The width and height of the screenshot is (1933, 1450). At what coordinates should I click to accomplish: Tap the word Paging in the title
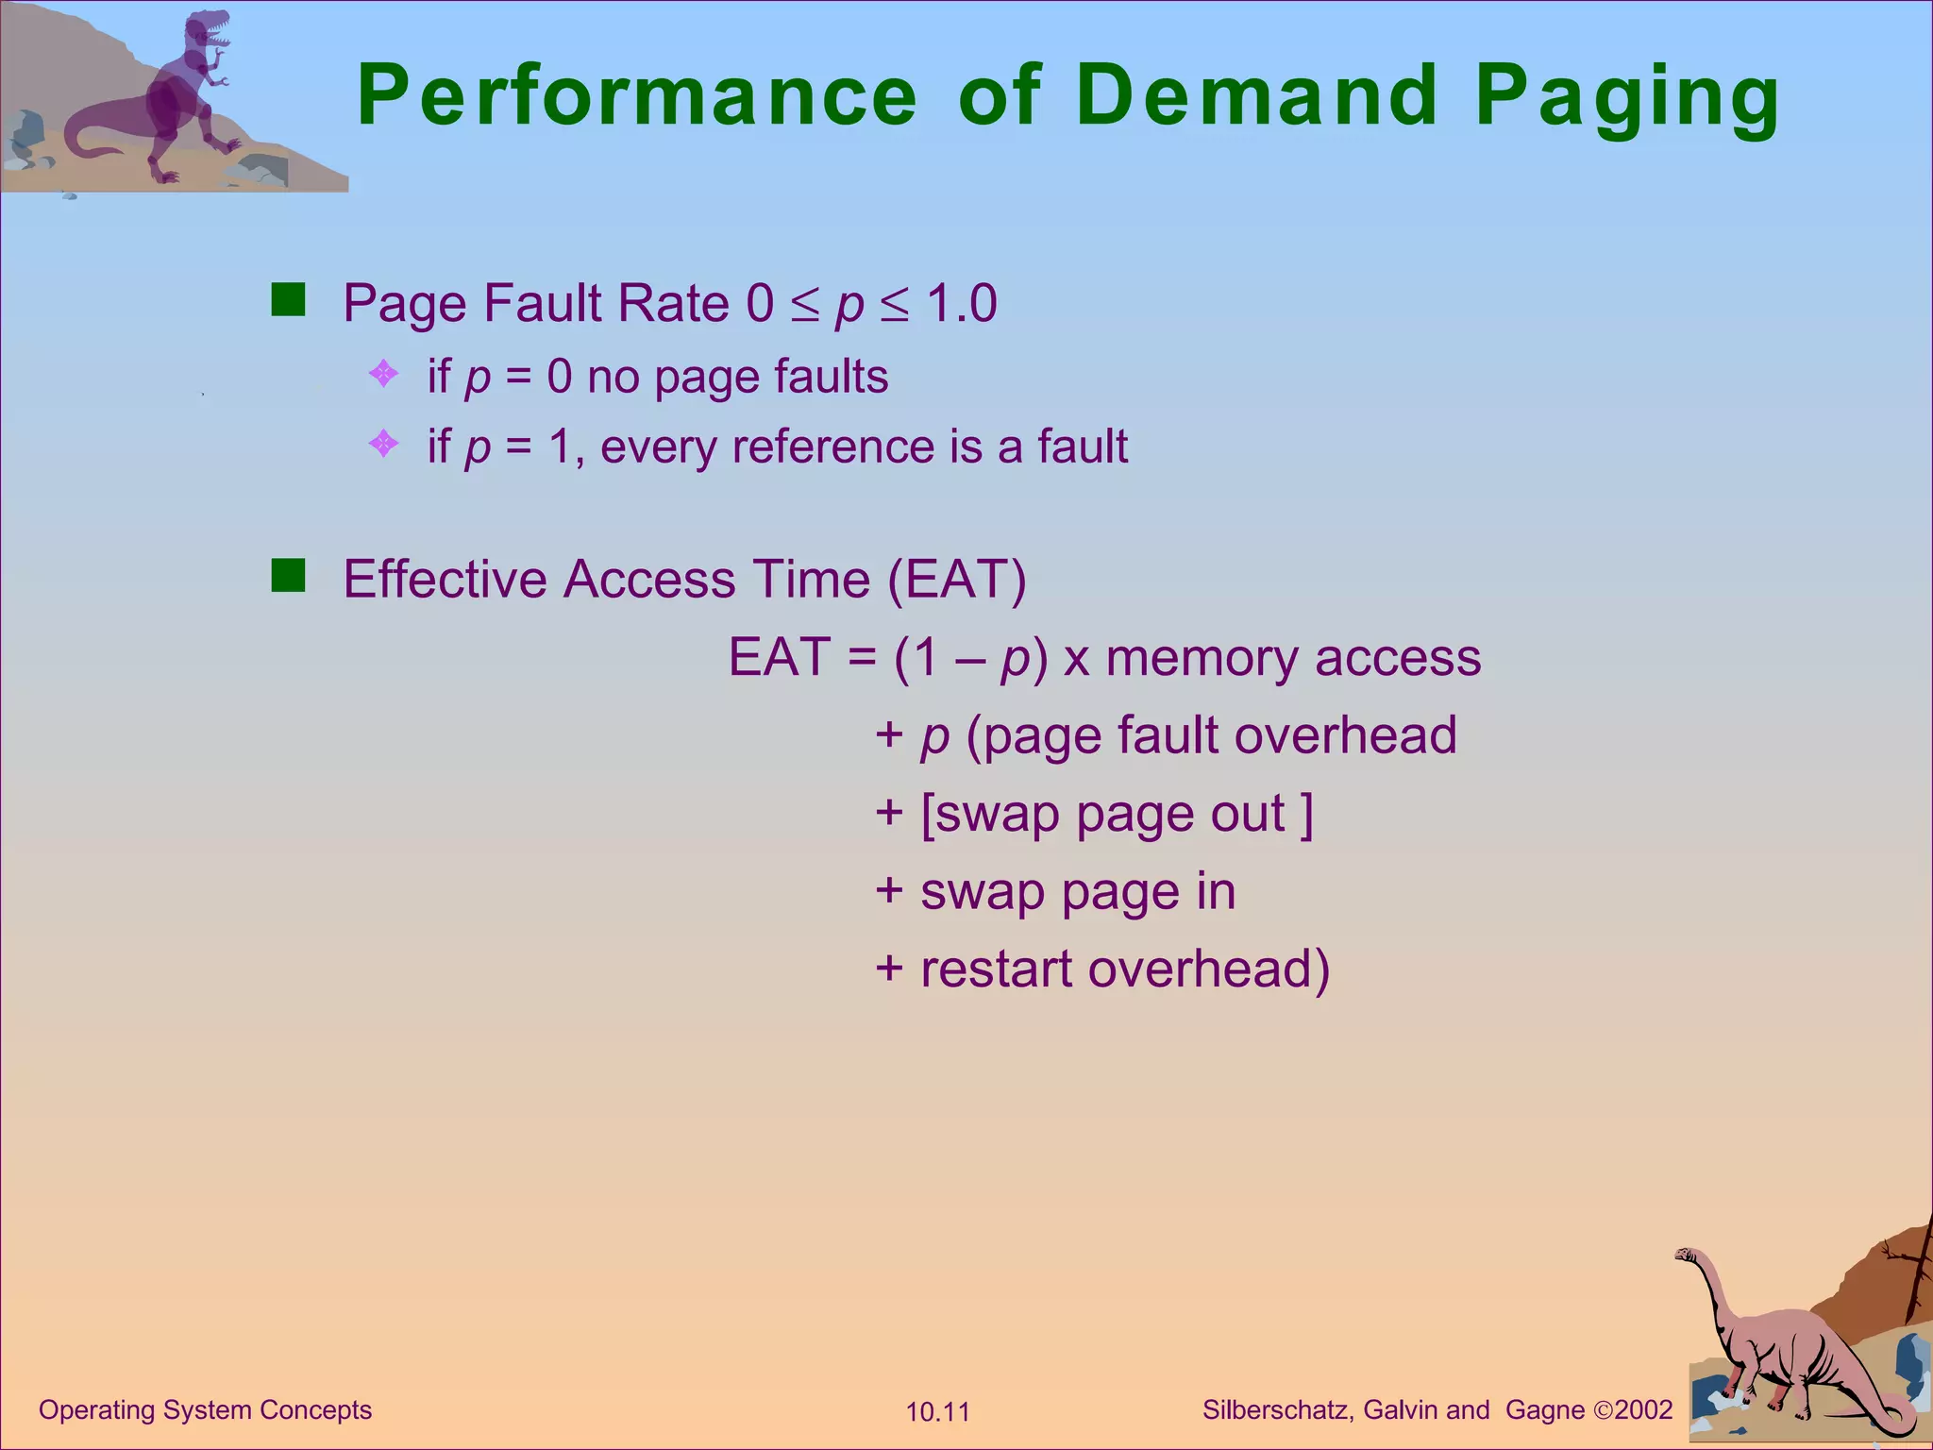tap(1627, 98)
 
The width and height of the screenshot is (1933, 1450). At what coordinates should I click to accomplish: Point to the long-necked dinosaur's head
tap(1687, 1256)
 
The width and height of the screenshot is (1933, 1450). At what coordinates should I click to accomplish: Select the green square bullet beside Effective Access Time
tap(288, 575)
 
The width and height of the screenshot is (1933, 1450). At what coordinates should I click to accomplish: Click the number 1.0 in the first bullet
tap(961, 304)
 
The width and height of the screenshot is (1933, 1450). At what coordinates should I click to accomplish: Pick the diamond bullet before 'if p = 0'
tap(383, 374)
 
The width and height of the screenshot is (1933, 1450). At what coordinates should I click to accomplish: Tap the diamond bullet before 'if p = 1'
tap(383, 443)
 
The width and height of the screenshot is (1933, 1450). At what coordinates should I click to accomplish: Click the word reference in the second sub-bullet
tap(833, 447)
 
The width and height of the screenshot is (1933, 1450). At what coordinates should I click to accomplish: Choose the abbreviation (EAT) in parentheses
tap(957, 579)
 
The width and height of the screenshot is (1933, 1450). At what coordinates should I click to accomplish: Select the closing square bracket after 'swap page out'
tap(1306, 815)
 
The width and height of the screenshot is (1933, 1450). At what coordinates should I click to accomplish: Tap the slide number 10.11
tap(937, 1412)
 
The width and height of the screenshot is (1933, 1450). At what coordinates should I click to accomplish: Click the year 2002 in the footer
tap(1643, 1410)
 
